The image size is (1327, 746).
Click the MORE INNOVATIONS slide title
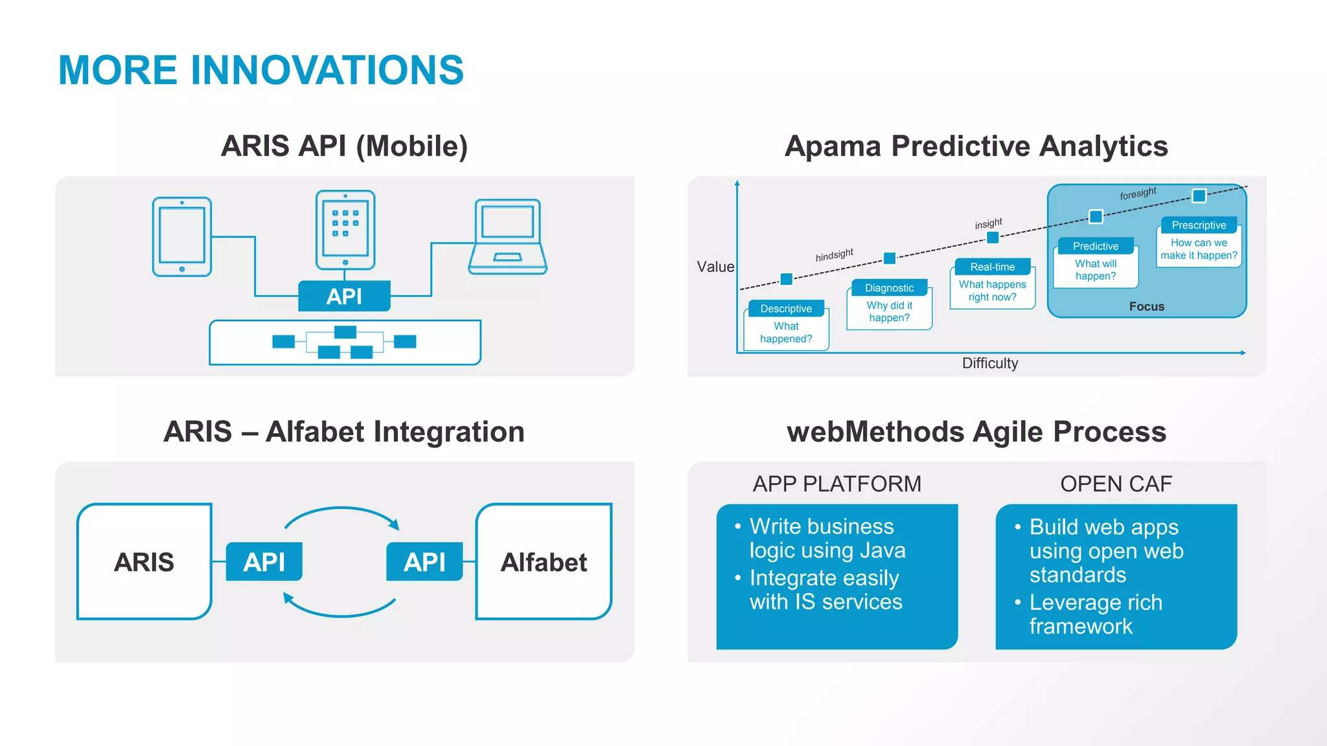[260, 70]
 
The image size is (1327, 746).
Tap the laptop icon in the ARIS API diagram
[507, 237]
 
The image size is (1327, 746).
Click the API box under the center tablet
[344, 296]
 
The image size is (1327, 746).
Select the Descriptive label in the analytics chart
[785, 308]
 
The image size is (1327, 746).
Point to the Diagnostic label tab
[889, 288]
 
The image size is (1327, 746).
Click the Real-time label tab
[992, 267]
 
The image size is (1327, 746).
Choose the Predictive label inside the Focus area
[1095, 246]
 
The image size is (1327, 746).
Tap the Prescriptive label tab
[1198, 225]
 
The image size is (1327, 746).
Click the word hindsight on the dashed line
[834, 254]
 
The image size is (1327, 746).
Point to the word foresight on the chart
[1138, 193]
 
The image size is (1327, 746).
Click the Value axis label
[715, 267]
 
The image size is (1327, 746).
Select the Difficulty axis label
[989, 363]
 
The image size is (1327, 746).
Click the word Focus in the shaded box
[1146, 306]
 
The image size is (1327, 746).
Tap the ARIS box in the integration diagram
[144, 561]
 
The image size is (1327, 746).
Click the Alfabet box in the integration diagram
[544, 561]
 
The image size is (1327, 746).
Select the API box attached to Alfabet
[424, 561]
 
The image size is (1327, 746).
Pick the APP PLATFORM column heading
[837, 484]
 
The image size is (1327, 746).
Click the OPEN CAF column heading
[1116, 484]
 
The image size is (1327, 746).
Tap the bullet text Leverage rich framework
[1095, 614]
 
